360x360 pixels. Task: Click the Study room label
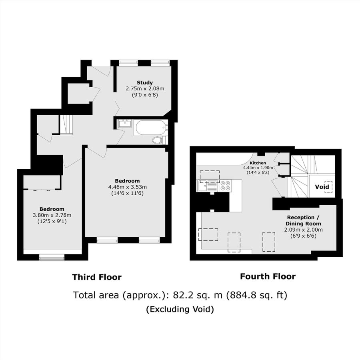click(x=144, y=83)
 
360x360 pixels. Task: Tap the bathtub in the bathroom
click(x=150, y=128)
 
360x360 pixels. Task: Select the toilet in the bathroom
click(x=158, y=140)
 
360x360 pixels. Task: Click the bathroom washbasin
click(x=124, y=124)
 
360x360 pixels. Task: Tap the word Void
click(x=322, y=187)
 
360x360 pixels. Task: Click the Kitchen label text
click(x=258, y=163)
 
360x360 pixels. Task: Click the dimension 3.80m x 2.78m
click(x=52, y=215)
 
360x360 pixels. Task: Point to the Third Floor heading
click(x=96, y=277)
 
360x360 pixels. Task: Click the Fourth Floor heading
click(x=268, y=276)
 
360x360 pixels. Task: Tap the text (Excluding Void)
click(x=180, y=309)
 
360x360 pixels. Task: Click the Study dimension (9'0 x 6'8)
click(x=144, y=95)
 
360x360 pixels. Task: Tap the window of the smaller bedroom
click(x=52, y=258)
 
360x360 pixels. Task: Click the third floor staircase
click(x=66, y=124)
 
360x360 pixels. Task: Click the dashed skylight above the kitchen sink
click(x=210, y=175)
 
